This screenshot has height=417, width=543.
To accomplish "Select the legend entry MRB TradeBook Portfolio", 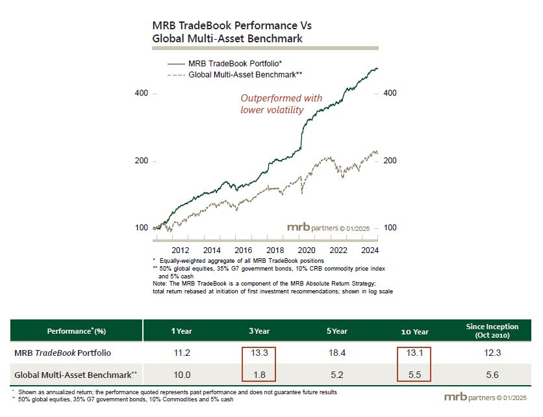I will [234, 64].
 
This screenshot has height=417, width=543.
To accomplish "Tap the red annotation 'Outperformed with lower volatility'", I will [281, 104].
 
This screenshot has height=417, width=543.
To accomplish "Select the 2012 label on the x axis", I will [180, 250].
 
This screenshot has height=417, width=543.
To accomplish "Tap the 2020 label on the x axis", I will [307, 250].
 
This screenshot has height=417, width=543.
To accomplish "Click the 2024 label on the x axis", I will [370, 250].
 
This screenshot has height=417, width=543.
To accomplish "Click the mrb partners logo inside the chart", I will [329, 228].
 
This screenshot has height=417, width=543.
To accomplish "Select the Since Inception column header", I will [492, 330].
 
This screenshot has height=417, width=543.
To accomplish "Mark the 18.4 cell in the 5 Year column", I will [338, 353].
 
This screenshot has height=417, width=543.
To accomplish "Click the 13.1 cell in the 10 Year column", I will [414, 353].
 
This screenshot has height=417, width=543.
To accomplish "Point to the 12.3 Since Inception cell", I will [492, 353].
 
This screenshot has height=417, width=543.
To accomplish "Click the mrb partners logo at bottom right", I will [488, 397].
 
